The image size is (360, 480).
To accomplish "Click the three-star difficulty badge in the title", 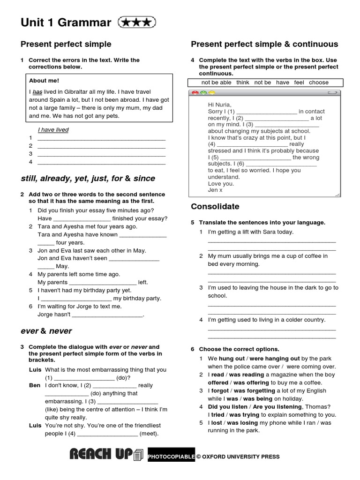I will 137,22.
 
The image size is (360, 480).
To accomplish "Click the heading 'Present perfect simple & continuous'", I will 264,45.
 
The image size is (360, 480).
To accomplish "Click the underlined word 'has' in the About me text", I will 37,92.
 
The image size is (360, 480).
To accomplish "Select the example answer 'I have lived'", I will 53,130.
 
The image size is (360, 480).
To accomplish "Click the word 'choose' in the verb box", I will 319,82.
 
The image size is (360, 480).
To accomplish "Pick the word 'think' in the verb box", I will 243,82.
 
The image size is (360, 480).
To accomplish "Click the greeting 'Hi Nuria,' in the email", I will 220,105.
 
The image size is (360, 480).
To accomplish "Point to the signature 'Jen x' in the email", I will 215,190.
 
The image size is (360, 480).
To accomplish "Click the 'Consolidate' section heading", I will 215,207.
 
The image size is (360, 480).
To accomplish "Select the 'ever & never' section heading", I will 46,331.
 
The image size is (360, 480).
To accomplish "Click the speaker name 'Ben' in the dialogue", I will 35,385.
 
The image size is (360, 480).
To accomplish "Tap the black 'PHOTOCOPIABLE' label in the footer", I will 171,457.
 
